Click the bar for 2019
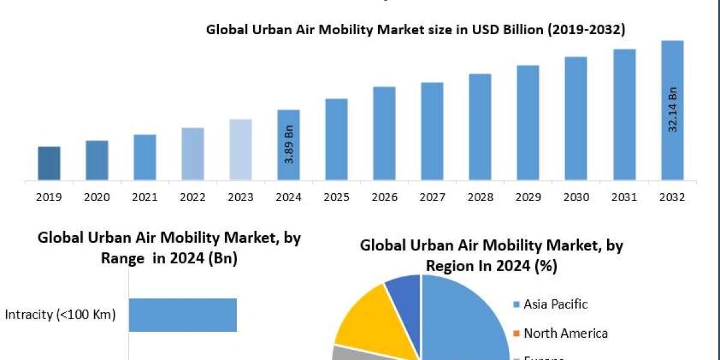[49, 163]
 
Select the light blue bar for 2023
[241, 149]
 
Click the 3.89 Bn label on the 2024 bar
[289, 145]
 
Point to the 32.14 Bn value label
[673, 110]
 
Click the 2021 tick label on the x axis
[145, 197]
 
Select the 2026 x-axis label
[384, 197]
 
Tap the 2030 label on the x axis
[576, 197]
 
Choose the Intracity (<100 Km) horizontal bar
[183, 315]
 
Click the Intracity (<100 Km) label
[60, 314]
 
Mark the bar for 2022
[193, 154]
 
